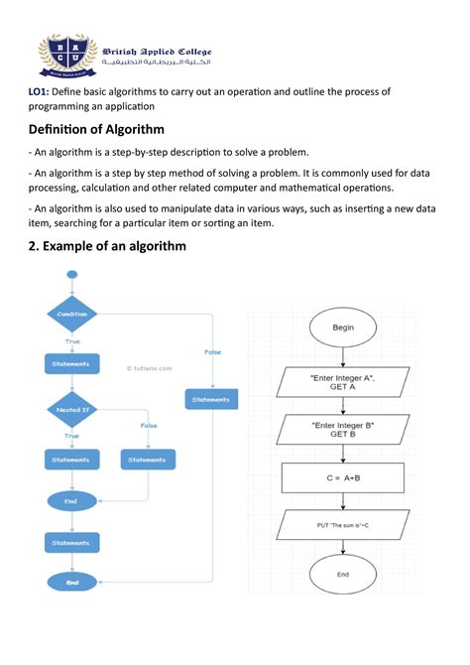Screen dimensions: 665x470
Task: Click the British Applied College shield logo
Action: coord(68,56)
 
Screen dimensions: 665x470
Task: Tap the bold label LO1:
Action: coord(38,91)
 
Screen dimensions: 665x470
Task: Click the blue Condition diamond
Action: coord(72,314)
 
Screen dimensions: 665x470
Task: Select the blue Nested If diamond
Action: coord(72,408)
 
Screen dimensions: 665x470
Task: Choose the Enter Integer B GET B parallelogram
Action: coord(343,429)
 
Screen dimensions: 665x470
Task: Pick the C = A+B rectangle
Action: coord(343,477)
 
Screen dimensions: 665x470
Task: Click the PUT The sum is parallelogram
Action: coord(343,523)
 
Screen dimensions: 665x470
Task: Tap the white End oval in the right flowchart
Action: coord(343,574)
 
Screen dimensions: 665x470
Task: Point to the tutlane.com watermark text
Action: coord(148,367)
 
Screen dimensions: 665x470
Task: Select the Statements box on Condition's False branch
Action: coord(210,399)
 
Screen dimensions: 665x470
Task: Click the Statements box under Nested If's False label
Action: coord(148,460)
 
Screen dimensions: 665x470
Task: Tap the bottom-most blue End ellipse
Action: coord(72,583)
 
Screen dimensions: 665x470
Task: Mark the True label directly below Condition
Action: coord(72,340)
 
